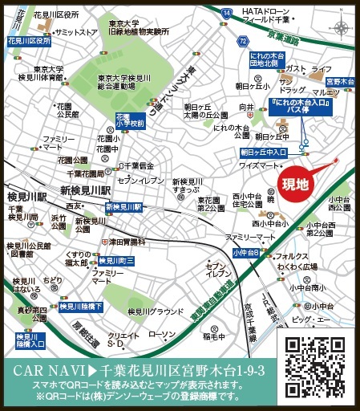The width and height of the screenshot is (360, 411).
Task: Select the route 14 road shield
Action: click(227, 11)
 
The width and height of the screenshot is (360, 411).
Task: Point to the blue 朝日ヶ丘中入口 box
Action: click(264, 151)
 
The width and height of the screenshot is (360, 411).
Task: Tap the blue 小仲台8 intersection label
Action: click(245, 252)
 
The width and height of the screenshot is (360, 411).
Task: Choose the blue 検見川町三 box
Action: click(116, 260)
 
